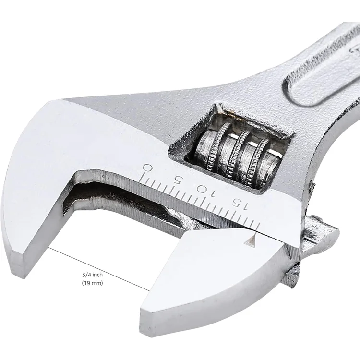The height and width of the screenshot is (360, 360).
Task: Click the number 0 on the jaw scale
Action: pyautogui.click(x=148, y=168)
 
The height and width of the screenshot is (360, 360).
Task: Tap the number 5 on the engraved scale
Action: pyautogui.click(x=178, y=179)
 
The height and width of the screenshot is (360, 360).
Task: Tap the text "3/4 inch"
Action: pyautogui.click(x=93, y=275)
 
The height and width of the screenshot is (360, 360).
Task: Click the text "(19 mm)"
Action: pyautogui.click(x=93, y=283)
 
